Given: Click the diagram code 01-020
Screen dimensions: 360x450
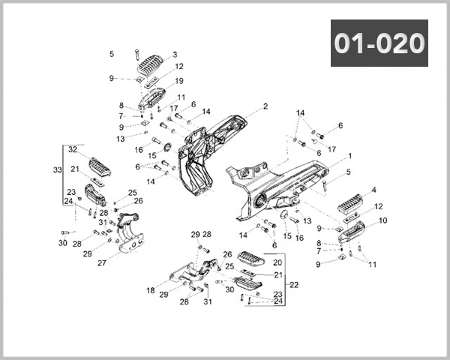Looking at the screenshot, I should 379,44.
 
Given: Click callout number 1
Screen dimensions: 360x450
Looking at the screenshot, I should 349,156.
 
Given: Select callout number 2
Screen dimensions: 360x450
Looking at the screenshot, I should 265,106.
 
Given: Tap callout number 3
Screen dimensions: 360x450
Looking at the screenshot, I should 175,55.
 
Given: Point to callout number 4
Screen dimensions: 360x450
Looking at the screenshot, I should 373,190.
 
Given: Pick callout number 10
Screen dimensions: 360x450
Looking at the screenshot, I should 382,220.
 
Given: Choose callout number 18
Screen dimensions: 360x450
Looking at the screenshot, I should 151,290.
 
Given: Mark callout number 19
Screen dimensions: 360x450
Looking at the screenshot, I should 179,81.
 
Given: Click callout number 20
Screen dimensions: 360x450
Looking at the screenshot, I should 277,262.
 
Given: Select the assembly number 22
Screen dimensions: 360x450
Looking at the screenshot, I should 293,284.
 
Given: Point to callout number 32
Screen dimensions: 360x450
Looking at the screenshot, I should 73,150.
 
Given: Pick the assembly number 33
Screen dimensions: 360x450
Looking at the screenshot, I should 57,171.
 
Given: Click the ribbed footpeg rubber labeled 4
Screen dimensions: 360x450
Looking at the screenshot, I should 349,203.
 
